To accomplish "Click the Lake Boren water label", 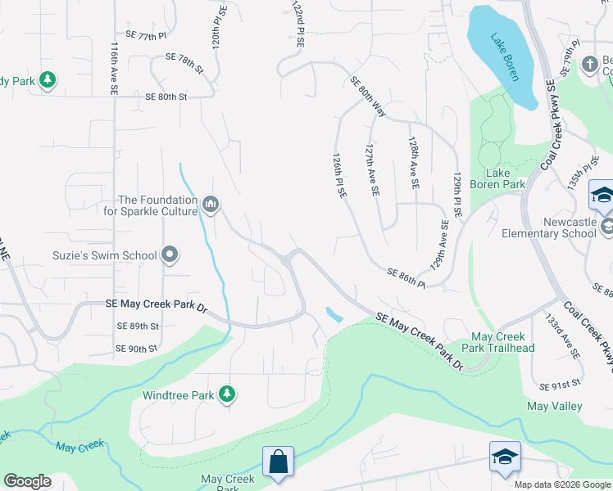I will coord(506,56).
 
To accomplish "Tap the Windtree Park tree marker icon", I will coord(228,394).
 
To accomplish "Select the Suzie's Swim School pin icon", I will coord(170,255).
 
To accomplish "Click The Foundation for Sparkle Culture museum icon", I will coord(211,204).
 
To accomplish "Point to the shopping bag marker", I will coord(279,461).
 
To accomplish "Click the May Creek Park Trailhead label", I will coord(502,342).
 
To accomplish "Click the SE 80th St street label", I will coord(166,97).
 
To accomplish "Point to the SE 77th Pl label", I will coord(146,36).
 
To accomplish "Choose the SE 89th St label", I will coord(137,326).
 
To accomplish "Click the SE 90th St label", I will coord(136,349).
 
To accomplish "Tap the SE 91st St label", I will coord(561,383).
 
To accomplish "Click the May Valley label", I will coord(554,406).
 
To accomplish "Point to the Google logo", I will coord(27,481).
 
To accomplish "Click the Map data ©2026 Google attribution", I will coord(563,484).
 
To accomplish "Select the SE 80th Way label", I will coord(368,96).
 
